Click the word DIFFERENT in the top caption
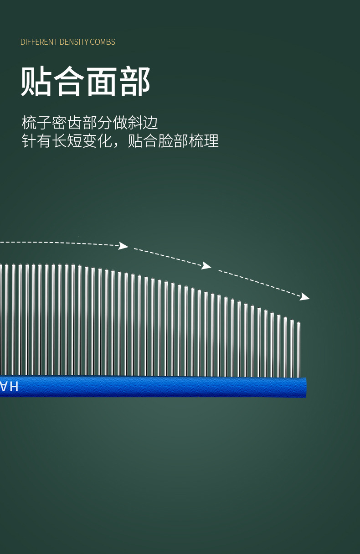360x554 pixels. point(39,42)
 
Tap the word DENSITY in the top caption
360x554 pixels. point(74,42)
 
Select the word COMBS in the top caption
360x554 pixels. point(103,42)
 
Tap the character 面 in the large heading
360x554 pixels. point(102,82)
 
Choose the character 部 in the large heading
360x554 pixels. point(135,82)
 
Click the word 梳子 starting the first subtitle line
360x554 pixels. point(36,123)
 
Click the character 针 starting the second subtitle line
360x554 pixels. point(29,141)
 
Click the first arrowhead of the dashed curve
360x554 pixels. point(123,246)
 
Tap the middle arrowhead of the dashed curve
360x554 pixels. point(206,265)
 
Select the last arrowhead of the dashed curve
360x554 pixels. point(305,297)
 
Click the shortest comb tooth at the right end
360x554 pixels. point(298,349)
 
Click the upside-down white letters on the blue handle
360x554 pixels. point(9,387)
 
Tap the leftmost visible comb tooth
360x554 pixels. point(1,319)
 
